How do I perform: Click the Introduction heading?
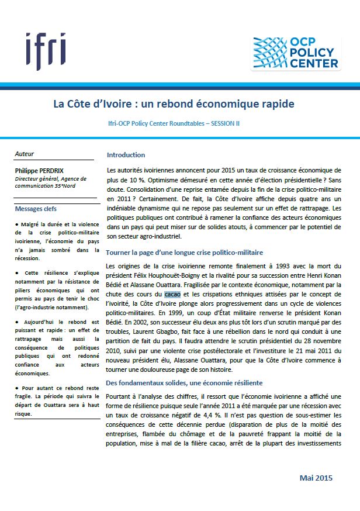(x=126, y=155)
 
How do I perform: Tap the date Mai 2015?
(x=316, y=478)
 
